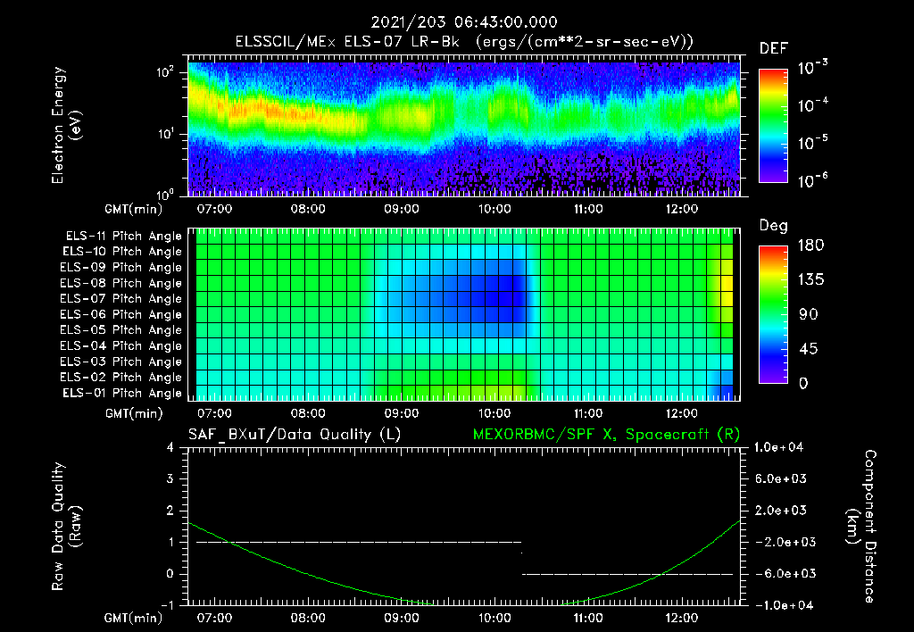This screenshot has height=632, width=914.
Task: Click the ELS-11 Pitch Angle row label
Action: click(123, 236)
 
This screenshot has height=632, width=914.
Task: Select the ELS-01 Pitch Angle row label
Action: click(123, 393)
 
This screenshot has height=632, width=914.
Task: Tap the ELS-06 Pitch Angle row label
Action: click(123, 314)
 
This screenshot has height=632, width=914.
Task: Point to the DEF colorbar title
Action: click(773, 48)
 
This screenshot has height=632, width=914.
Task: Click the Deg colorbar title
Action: click(773, 226)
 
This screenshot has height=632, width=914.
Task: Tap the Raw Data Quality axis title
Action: click(67, 527)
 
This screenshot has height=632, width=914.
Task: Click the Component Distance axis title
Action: click(860, 527)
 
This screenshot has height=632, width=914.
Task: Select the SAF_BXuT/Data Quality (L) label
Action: click(294, 435)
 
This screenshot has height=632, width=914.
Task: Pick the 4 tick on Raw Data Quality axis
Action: click(170, 447)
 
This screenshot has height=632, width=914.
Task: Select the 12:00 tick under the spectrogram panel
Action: click(682, 209)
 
